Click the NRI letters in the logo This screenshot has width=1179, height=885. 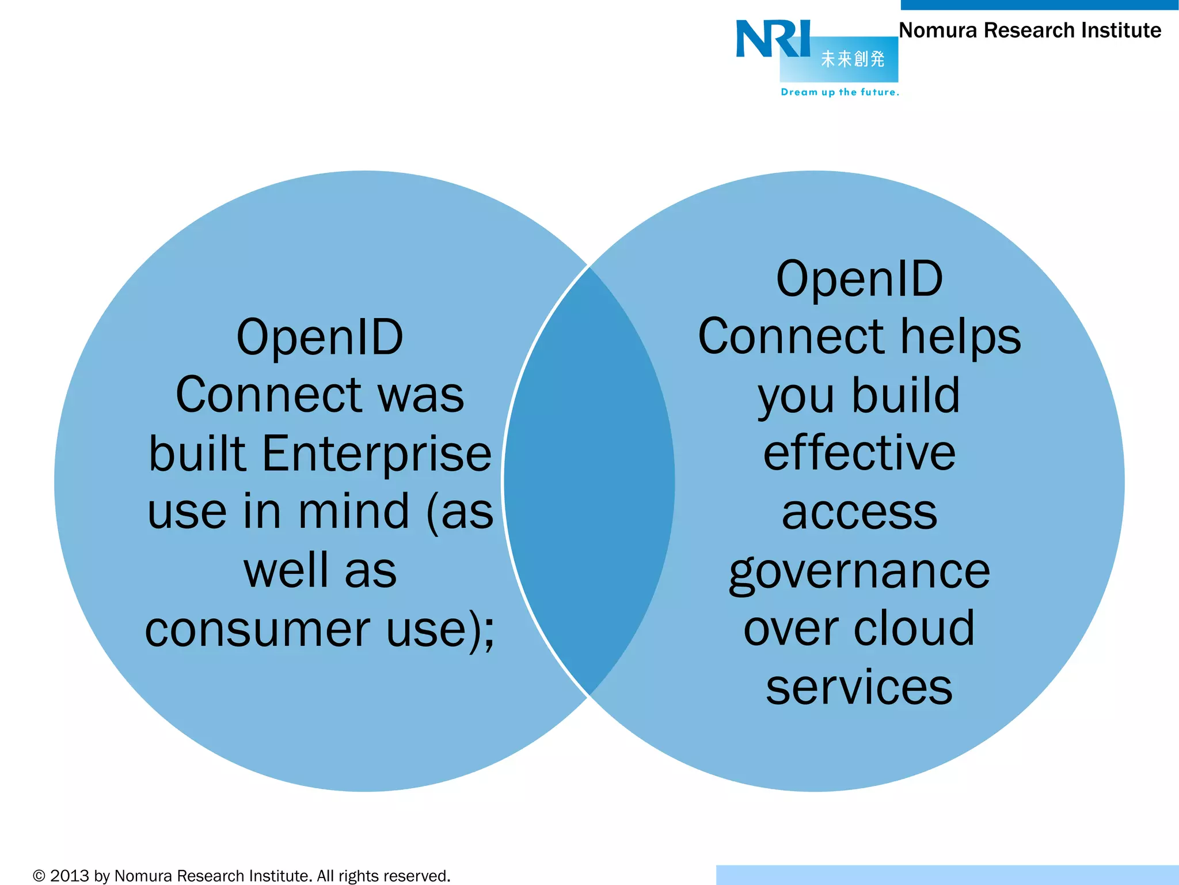point(773,39)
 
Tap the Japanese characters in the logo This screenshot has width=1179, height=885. point(852,59)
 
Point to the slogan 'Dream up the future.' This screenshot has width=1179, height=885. point(839,92)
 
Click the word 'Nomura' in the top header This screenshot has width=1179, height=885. point(938,31)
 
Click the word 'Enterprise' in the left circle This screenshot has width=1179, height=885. point(377,455)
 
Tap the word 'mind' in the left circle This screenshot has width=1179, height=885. point(353,512)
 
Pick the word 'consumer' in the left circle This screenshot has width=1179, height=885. point(258,629)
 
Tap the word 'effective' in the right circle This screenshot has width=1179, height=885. point(859,453)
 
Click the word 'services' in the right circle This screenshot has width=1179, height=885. point(859,687)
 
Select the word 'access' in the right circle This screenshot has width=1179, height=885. point(859,512)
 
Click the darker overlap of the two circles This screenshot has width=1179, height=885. point(589,482)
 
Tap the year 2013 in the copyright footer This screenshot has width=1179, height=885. point(70,876)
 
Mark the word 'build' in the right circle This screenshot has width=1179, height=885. point(906,396)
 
